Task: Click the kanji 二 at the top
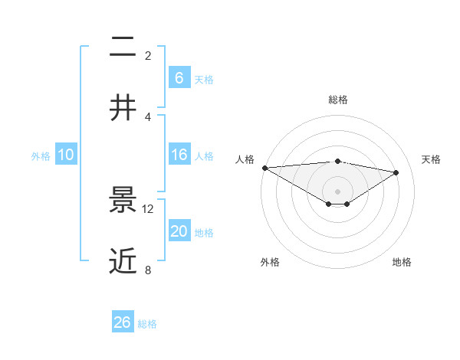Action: click(123, 47)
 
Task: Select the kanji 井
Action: click(123, 108)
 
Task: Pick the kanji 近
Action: click(123, 261)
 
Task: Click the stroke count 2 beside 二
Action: click(148, 55)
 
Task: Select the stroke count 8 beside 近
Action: click(148, 270)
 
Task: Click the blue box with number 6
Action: click(179, 78)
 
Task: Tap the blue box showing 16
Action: click(179, 155)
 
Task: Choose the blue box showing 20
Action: click(179, 231)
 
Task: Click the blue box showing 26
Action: click(123, 322)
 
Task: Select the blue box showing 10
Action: click(66, 155)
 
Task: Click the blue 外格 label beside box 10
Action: click(41, 155)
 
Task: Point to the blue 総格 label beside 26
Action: click(147, 324)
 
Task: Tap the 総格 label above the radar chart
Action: click(338, 100)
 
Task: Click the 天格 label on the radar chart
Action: click(431, 159)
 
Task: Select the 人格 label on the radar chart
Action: click(245, 159)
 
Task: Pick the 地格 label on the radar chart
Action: click(402, 262)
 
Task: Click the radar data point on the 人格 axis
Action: click(264, 168)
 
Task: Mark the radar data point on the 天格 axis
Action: click(396, 172)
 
